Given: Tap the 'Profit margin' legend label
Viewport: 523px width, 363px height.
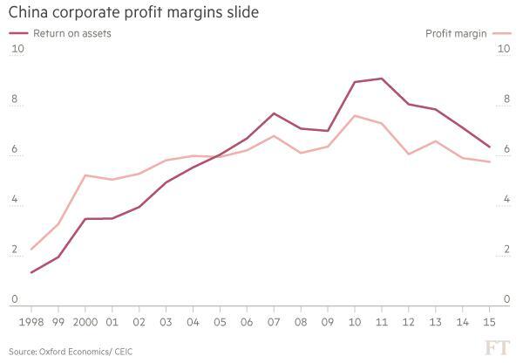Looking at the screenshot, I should pos(456,33).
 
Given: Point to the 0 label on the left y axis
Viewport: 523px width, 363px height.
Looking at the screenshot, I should pos(15,300).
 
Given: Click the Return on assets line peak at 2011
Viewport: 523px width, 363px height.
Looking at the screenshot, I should pos(382,79).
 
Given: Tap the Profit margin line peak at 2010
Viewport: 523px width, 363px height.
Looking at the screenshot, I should pos(355,115).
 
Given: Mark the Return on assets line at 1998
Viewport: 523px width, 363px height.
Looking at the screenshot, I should pos(32,272).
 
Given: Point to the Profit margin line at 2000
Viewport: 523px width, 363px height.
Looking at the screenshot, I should pos(85,175).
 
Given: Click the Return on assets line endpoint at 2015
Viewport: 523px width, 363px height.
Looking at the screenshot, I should pos(489,147).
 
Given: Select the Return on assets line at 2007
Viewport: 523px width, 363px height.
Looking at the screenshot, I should pos(274,113).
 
